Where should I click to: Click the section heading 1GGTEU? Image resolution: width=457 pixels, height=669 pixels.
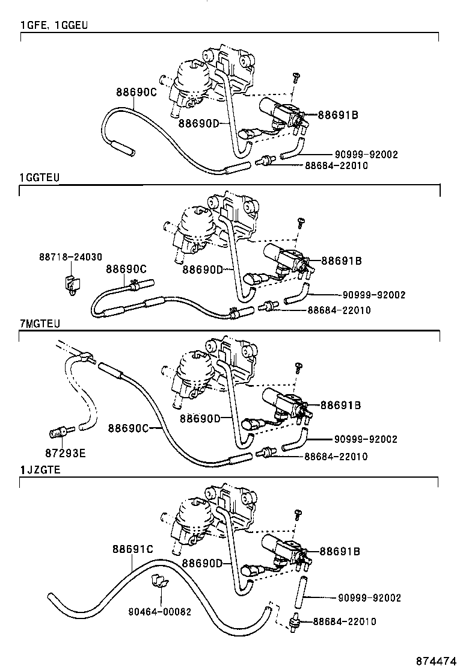[x=40, y=178]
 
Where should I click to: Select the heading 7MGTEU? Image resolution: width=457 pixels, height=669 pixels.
[x=40, y=323]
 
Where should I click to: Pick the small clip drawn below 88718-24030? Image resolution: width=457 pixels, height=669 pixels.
[x=72, y=282]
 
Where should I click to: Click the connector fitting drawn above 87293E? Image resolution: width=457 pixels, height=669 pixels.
[x=58, y=431]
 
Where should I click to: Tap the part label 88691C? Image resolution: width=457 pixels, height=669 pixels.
[x=133, y=549]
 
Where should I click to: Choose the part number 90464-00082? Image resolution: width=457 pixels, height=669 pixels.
[x=159, y=611]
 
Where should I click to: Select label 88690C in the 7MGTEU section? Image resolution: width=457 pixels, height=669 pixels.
[x=128, y=428]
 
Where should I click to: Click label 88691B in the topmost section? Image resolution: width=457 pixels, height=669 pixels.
[x=337, y=114]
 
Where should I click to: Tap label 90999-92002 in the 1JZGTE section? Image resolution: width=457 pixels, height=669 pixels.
[x=369, y=597]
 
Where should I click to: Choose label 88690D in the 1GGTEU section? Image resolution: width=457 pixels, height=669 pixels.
[x=202, y=270]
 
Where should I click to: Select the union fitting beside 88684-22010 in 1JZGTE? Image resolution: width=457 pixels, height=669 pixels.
[x=295, y=621]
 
